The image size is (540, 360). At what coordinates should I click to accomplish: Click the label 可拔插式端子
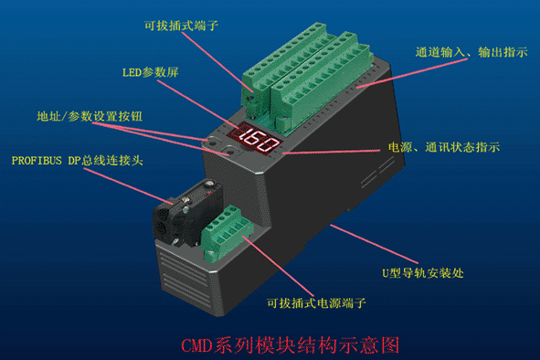(x=181, y=26)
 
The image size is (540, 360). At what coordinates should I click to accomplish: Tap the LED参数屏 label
(x=151, y=72)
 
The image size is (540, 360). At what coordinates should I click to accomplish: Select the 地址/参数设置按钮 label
(x=90, y=116)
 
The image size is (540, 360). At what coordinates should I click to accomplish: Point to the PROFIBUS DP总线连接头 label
(x=77, y=161)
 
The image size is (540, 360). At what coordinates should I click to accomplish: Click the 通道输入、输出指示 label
(x=471, y=52)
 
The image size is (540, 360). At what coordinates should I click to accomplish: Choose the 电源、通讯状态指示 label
(x=444, y=147)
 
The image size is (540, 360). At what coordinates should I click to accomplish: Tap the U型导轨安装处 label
(x=423, y=273)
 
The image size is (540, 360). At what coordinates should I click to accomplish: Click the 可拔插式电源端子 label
(x=316, y=302)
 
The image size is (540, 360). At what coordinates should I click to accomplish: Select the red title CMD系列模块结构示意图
(x=290, y=344)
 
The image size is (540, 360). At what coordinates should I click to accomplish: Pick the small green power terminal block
(x=227, y=232)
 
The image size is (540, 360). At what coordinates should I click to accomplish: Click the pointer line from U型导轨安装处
(x=375, y=244)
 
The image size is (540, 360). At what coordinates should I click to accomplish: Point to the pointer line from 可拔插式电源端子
(x=279, y=266)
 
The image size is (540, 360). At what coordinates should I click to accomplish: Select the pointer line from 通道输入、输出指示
(x=412, y=73)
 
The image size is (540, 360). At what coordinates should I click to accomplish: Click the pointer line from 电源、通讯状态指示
(x=332, y=152)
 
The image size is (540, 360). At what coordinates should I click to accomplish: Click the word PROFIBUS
(x=37, y=161)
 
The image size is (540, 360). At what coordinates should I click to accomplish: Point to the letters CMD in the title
(x=196, y=345)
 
